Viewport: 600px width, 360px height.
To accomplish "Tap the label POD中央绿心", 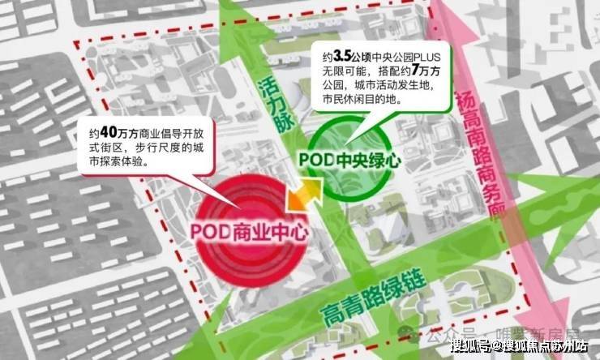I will coord(350,159).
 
